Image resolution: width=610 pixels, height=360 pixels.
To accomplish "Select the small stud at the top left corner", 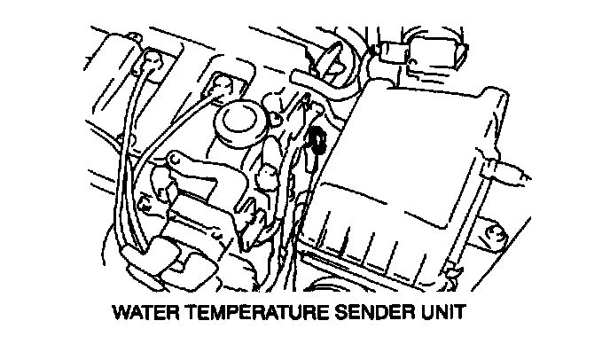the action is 134,37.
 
